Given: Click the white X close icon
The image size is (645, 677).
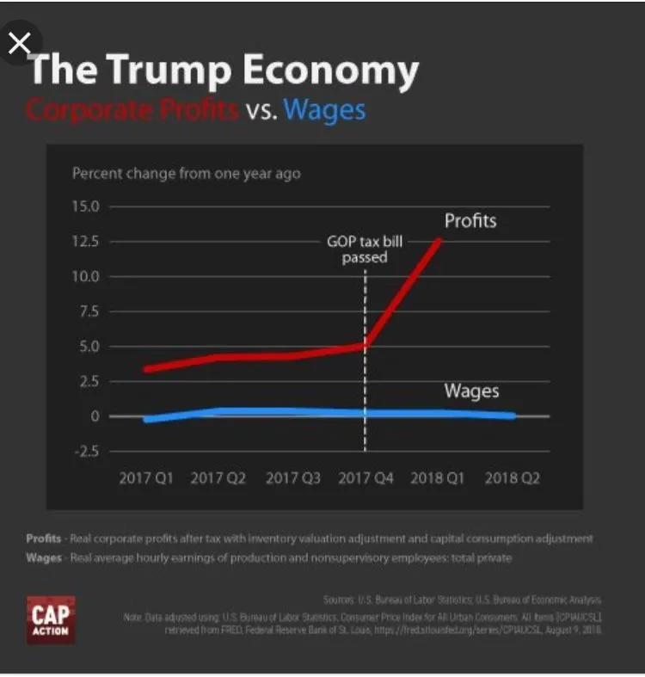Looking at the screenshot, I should pos(19,43).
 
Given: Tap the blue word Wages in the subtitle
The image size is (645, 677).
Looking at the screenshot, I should pos(324,110).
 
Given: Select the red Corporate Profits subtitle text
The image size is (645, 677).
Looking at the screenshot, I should pos(132,110).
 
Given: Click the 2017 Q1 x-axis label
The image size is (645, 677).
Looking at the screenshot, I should pos(145,478).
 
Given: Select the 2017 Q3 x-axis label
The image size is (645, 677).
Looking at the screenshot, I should pos(292,478).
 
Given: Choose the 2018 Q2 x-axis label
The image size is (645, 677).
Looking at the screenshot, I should pos(512,478).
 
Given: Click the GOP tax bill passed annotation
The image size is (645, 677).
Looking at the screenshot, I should pos(365,249).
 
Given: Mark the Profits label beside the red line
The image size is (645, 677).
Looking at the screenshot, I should pos(470,221).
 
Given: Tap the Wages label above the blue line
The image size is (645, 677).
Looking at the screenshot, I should pos(471,391).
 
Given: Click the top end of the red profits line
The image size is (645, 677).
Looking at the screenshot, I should pos(440,240).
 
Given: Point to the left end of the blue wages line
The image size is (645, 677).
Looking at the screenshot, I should pos(147,420).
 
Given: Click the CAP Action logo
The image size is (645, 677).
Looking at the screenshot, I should pos(51,619).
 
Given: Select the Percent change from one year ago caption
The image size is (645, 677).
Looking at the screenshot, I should pos(186,174).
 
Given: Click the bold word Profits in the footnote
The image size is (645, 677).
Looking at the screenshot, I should pos(43,539).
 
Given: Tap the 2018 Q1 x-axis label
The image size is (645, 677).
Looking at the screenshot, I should pos(439,478).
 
